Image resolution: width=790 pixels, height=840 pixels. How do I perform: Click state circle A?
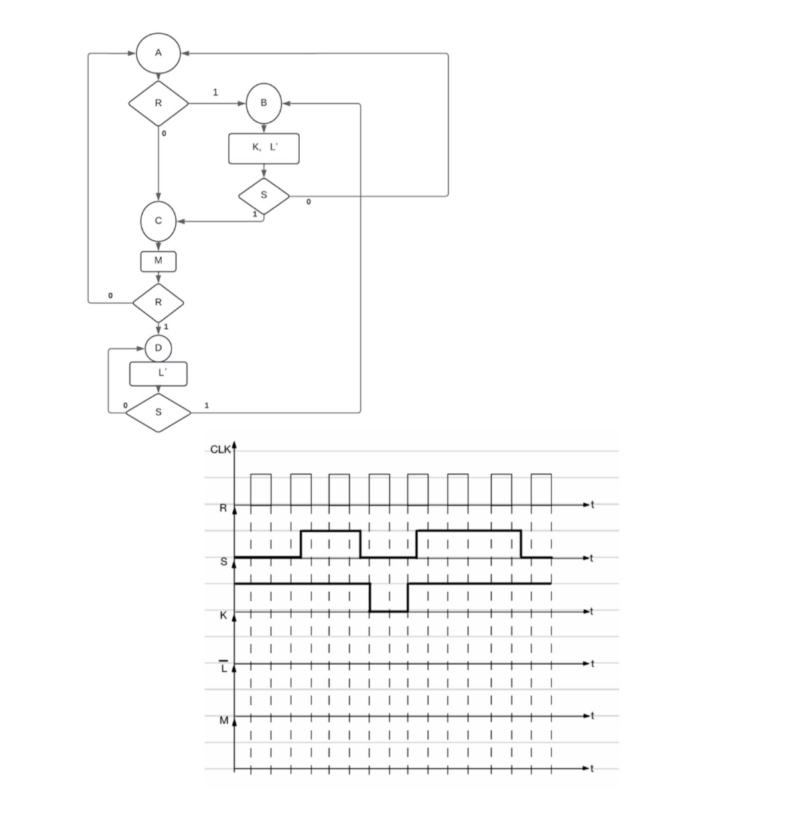pos(158,53)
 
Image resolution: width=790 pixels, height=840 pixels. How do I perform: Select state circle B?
pos(264,103)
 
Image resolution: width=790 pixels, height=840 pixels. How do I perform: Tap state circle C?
pos(158,220)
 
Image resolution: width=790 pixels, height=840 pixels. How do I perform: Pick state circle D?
pos(158,348)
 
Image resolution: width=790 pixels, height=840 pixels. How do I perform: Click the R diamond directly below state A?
pos(158,103)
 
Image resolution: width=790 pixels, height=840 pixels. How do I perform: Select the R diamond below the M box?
pos(158,302)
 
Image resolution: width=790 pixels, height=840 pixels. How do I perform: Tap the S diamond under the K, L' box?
pos(264,195)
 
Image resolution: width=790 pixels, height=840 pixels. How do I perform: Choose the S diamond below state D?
pos(158,412)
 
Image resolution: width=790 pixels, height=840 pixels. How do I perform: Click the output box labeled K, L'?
pos(264,149)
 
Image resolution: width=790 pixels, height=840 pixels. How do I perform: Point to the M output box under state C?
pos(158,261)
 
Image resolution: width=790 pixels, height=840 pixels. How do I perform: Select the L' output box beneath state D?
pos(158,374)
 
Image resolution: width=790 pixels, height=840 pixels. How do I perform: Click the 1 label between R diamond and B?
pos(214,92)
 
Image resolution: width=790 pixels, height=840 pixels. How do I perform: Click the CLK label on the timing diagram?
pos(220,449)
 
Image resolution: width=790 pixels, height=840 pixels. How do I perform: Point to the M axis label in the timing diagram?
pos(224,721)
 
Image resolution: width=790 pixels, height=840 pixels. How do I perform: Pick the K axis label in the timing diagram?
pos(224,614)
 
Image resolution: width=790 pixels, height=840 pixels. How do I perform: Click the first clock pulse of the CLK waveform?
pos(261,489)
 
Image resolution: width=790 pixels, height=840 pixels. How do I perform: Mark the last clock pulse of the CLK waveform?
pos(541,489)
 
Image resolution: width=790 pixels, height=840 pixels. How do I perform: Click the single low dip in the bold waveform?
pos(389,610)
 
